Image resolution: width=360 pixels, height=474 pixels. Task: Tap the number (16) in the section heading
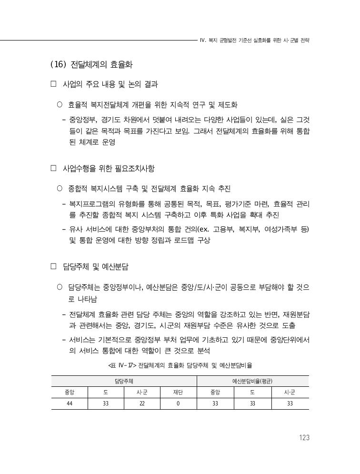(x=58, y=64)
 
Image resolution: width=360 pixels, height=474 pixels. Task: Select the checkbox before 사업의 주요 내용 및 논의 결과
(x=53, y=84)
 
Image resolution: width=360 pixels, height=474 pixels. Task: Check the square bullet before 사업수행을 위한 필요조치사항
(x=53, y=168)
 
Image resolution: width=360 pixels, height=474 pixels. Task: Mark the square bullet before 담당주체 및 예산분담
(x=53, y=266)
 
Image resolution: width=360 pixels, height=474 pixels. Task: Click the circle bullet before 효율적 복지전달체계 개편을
(x=60, y=104)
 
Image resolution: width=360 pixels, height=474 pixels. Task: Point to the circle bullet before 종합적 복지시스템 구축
(x=60, y=188)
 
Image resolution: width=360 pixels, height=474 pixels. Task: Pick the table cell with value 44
(x=70, y=403)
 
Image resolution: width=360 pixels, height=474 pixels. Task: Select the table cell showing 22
(x=142, y=403)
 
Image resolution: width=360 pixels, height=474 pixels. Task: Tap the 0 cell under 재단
(x=178, y=403)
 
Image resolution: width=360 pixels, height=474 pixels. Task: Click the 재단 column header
(x=178, y=393)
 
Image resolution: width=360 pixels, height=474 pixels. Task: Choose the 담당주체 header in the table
(x=124, y=381)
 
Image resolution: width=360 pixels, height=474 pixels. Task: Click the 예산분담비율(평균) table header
(x=252, y=381)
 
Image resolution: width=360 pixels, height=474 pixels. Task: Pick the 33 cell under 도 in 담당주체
(x=106, y=403)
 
